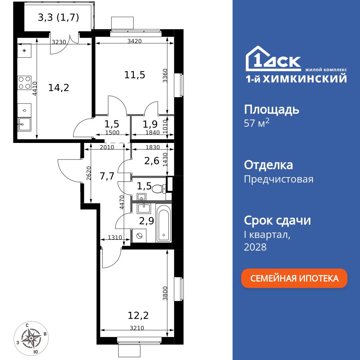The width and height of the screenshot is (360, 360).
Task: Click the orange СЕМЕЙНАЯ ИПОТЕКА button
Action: pyautogui.click(x=294, y=278)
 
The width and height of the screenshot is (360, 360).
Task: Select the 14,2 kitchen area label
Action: pyautogui.click(x=59, y=87)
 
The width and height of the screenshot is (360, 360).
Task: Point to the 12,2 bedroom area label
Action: pyautogui.click(x=138, y=316)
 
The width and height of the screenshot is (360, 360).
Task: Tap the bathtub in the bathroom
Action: pyautogui.click(x=164, y=223)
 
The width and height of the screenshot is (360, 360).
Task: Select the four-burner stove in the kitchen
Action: pyautogui.click(x=24, y=82)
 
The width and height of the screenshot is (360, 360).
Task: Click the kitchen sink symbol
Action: pyautogui.click(x=24, y=125)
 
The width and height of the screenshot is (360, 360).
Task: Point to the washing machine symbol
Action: pyautogui.click(x=139, y=236)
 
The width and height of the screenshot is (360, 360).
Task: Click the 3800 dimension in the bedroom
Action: pyautogui.click(x=165, y=293)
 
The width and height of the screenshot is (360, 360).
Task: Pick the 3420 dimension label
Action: pyautogui.click(x=134, y=41)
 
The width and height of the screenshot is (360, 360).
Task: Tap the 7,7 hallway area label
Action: pyautogui.click(x=107, y=176)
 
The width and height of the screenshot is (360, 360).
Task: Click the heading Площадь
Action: pyautogui.click(x=271, y=109)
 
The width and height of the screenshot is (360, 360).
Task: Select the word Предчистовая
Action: pyautogui.click(x=279, y=179)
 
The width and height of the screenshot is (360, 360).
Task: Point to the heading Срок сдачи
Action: pyautogui.click(x=277, y=220)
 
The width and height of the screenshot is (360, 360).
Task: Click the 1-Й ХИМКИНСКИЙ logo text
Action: pyautogui.click(x=296, y=78)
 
